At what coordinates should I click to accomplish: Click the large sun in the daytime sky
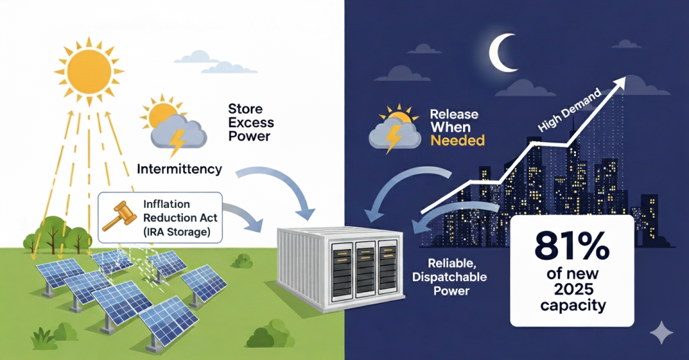point(89,65)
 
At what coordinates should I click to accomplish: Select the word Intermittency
point(179,169)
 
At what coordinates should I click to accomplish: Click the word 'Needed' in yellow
point(458,141)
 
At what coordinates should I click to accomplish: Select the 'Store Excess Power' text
point(249,122)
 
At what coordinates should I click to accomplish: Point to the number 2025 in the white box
point(571,289)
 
